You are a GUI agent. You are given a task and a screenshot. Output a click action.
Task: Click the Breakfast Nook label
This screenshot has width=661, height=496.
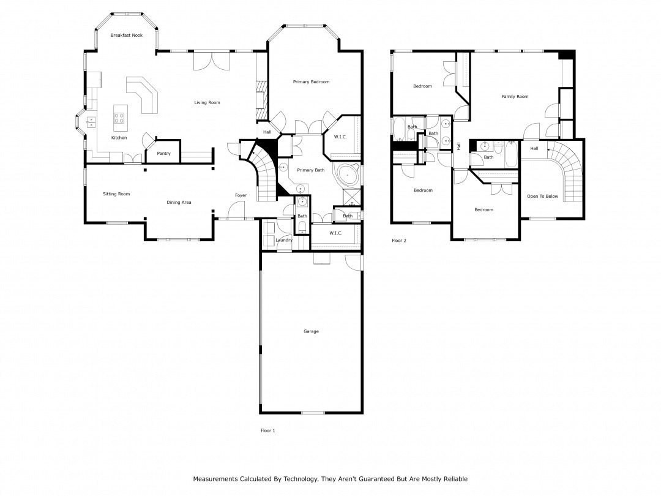click(x=127, y=36)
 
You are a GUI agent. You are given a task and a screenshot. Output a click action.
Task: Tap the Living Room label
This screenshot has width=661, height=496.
click(x=207, y=102)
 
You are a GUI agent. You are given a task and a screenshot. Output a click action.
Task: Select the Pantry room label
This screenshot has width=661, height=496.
click(x=163, y=154)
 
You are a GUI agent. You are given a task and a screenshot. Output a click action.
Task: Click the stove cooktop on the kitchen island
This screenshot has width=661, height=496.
click(x=119, y=118)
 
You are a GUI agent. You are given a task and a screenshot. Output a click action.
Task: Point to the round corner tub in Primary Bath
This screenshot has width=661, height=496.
click(x=348, y=175)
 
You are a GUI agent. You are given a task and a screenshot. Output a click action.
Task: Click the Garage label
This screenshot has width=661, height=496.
click(x=311, y=331)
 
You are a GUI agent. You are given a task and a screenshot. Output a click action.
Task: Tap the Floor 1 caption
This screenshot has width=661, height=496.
click(x=267, y=430)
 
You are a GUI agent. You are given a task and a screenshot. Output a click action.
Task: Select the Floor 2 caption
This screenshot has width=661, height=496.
click(x=399, y=241)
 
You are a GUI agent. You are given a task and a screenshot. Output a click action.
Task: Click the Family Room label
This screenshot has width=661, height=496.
click(x=515, y=97)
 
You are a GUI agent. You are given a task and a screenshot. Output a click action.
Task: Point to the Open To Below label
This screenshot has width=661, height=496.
click(x=542, y=196)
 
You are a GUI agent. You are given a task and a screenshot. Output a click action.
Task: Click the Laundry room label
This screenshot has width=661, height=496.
click(x=284, y=240)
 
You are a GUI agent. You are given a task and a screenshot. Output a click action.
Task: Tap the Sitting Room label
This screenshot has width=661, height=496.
click(x=116, y=194)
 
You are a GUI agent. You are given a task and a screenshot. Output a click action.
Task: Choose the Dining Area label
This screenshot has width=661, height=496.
click(x=179, y=203)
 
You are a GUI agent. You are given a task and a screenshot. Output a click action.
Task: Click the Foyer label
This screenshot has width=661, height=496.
click(x=241, y=195)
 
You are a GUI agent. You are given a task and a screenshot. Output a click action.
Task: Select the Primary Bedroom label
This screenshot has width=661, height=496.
click(x=311, y=82)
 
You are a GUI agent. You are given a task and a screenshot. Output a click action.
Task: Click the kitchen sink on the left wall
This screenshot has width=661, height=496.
click(x=91, y=122)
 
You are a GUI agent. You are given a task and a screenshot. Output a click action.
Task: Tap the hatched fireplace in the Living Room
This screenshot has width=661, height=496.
click(x=262, y=100)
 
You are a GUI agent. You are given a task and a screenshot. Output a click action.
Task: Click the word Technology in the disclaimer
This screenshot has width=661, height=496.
click(x=300, y=479)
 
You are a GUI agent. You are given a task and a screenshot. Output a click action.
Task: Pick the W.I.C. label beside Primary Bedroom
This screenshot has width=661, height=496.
click(x=340, y=137)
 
